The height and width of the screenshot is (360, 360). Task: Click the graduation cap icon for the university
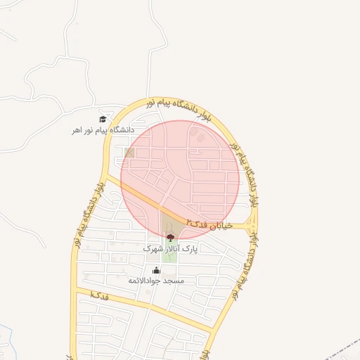point(103,119)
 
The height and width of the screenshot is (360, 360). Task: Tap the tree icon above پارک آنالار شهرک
point(171,238)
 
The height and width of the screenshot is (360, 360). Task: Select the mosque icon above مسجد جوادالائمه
point(155,269)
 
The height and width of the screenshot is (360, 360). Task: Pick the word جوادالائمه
point(144,281)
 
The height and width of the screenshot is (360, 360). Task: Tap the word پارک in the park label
point(191,249)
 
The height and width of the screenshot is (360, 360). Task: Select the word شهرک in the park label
point(152,249)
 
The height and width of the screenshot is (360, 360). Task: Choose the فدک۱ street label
point(99,296)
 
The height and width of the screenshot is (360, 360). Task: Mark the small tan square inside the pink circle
point(129,152)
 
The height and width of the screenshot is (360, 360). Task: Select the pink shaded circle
point(180,176)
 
